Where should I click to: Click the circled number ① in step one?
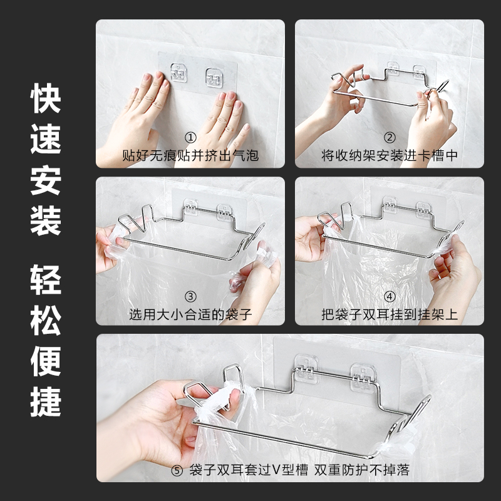(191, 138)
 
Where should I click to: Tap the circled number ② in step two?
(390, 138)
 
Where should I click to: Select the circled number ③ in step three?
(191, 297)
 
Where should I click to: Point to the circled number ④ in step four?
(390, 297)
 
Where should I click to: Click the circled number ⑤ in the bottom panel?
(177, 471)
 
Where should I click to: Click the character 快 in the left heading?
(46, 98)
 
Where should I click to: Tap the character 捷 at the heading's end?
(46, 401)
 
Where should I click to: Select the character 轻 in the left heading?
(46, 280)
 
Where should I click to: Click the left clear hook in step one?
(178, 73)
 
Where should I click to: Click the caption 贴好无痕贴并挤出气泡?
(190, 155)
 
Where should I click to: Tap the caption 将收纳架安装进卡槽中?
(390, 155)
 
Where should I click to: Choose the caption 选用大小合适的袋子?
(191, 315)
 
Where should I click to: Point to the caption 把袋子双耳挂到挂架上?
(390, 315)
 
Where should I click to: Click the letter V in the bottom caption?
(276, 470)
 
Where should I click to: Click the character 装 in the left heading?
(46, 220)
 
